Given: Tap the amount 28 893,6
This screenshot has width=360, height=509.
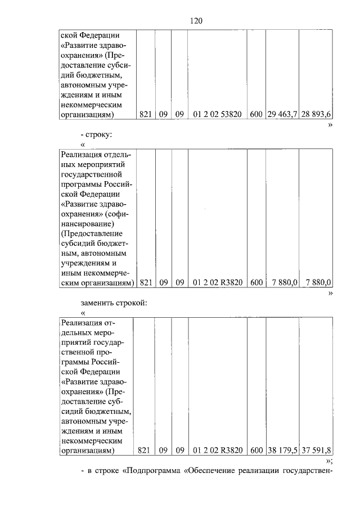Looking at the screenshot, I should (x=315, y=114).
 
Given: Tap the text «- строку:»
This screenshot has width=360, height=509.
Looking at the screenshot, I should (x=97, y=136).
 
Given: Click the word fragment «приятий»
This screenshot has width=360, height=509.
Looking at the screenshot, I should (x=74, y=342).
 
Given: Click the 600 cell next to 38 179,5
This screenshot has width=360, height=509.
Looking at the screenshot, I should (x=256, y=450).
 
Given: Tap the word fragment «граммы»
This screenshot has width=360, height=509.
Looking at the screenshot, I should (x=77, y=362).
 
